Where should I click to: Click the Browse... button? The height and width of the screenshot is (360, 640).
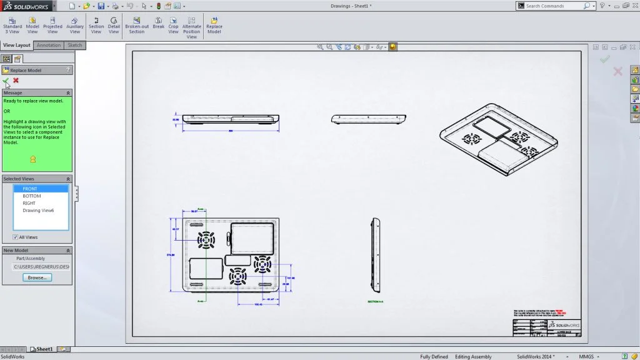click(x=37, y=277)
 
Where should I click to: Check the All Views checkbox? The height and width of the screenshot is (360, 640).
click(x=16, y=237)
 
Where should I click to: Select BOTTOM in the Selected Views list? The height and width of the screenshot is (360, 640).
click(x=32, y=196)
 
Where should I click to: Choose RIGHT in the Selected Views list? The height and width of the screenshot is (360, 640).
click(x=29, y=203)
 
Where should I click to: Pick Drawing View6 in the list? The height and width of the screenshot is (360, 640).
click(x=38, y=211)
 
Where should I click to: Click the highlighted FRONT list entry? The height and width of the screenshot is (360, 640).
click(x=30, y=189)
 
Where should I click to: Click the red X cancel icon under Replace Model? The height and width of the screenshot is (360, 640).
click(x=16, y=80)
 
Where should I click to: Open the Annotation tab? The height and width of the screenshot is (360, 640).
click(x=49, y=45)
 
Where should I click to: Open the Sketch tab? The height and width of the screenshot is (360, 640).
click(x=75, y=45)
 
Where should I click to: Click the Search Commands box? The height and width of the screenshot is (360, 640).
click(x=554, y=6)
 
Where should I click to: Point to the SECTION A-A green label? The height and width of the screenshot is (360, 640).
click(x=375, y=301)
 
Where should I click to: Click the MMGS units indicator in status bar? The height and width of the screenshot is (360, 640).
click(x=586, y=356)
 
